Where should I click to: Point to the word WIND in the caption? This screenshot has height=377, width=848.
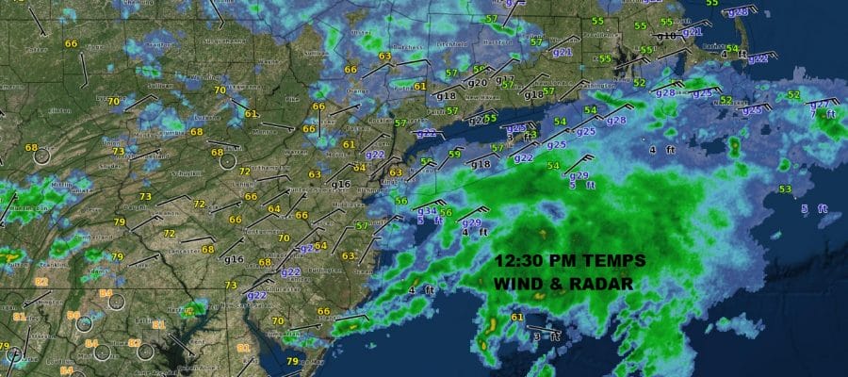click(520, 284)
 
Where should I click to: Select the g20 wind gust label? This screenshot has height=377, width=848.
click(478, 83)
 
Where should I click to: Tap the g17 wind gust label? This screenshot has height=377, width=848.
click(506, 79)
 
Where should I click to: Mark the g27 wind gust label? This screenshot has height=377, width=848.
click(819, 103)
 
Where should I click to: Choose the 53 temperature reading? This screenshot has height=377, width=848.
click(785, 189)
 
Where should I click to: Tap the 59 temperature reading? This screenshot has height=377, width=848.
click(455, 154)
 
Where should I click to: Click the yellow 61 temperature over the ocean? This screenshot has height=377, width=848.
click(517, 318)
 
